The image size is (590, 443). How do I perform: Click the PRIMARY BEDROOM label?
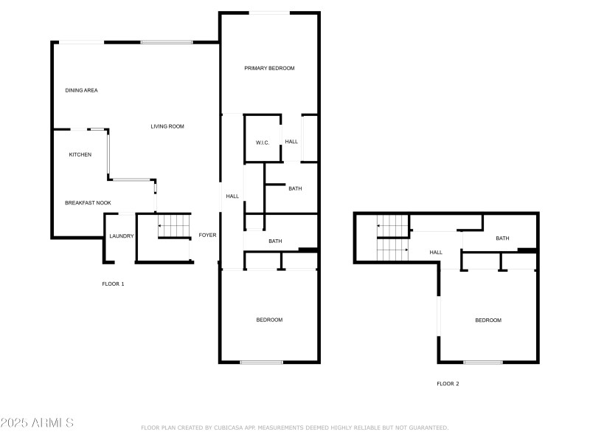(x=269, y=68)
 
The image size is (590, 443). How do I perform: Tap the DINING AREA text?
(x=81, y=90)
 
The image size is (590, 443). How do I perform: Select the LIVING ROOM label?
(x=167, y=126)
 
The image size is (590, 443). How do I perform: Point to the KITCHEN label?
(x=80, y=154)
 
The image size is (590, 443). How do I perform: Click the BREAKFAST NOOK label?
(x=88, y=202)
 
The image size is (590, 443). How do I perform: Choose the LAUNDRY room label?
(x=121, y=236)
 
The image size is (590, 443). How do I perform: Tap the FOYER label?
(x=207, y=236)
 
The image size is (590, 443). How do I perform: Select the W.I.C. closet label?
(x=263, y=142)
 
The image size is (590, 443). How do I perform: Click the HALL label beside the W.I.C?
(x=291, y=142)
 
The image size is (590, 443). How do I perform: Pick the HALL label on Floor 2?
(x=436, y=253)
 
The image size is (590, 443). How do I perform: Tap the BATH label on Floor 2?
(x=502, y=238)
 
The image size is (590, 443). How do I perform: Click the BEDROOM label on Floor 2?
(x=487, y=320)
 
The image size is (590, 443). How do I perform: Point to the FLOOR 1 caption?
(x=113, y=284)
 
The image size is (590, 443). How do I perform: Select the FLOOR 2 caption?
(x=448, y=383)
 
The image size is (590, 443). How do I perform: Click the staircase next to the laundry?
(x=175, y=226)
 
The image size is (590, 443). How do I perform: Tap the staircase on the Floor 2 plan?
(x=392, y=238)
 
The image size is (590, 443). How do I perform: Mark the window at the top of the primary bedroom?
(x=268, y=13)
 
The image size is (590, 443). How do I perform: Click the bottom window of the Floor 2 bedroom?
(x=483, y=362)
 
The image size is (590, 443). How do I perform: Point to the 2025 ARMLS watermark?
(x=37, y=423)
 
